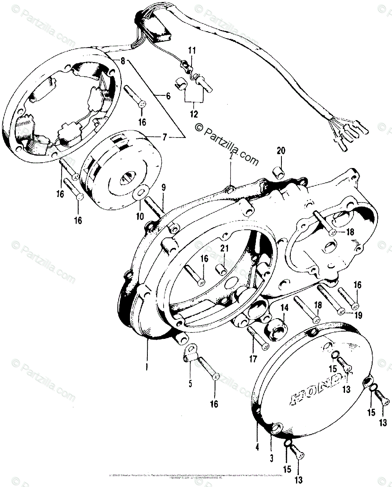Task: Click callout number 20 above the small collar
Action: [281, 151]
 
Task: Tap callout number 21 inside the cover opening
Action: [224, 248]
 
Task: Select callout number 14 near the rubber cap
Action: [285, 308]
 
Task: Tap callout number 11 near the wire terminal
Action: [192, 51]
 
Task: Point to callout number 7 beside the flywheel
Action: [164, 137]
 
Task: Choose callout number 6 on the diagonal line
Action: [168, 96]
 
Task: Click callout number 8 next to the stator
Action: [122, 61]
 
